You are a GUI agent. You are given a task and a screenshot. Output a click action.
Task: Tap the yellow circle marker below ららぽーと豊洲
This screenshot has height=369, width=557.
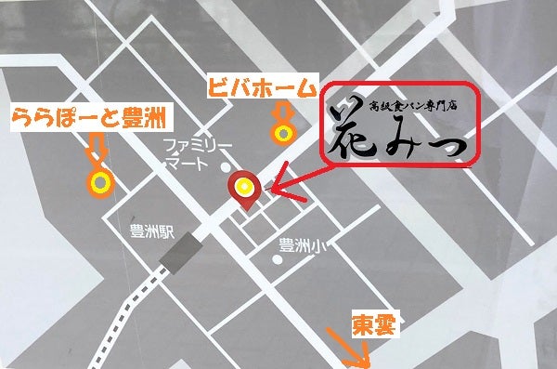pos(97,181)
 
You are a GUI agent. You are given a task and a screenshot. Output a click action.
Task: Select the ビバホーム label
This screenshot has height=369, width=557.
pos(261,87)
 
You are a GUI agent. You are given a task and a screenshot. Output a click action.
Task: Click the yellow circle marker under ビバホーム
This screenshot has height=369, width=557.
pos(279,131)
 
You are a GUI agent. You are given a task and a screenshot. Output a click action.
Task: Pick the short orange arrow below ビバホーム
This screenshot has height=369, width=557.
pos(279,112)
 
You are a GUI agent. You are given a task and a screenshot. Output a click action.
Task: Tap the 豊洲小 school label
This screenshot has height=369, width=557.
pos(301,246)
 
